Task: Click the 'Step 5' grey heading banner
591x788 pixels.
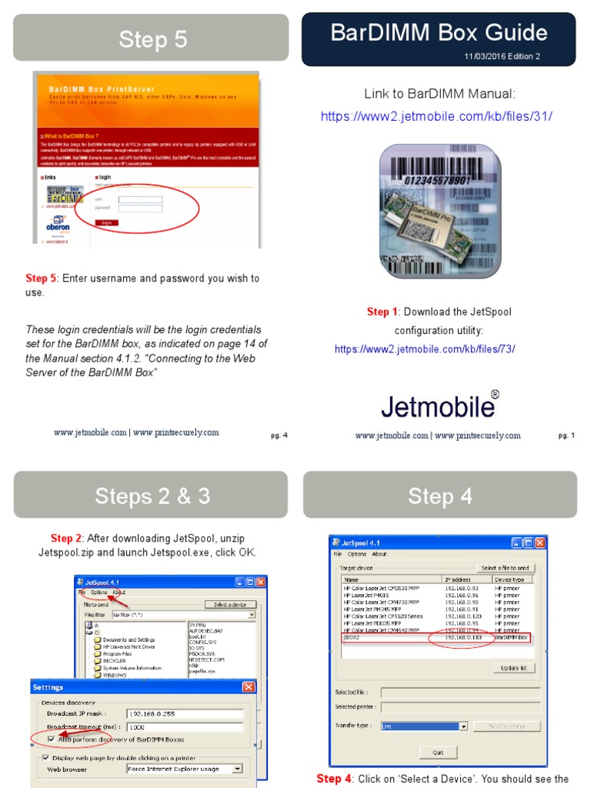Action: (152, 39)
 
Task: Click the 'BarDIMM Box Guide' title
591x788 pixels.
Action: (439, 32)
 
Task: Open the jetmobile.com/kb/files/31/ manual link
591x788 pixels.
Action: (436, 116)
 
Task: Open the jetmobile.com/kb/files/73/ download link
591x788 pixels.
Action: (424, 349)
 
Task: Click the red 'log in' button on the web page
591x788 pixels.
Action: (107, 222)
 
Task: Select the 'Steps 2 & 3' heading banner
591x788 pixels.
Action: (152, 496)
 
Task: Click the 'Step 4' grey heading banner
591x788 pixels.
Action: (440, 496)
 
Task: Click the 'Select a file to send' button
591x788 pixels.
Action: (505, 568)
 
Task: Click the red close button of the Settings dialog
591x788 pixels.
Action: (249, 686)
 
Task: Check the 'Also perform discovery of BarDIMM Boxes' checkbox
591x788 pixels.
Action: (51, 739)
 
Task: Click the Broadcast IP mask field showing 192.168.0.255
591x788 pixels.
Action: (184, 713)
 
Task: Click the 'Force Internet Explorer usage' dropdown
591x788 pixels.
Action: (184, 768)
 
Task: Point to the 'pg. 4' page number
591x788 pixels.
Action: (279, 436)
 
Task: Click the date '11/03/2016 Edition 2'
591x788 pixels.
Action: (502, 56)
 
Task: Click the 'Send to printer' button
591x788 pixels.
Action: (506, 726)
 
